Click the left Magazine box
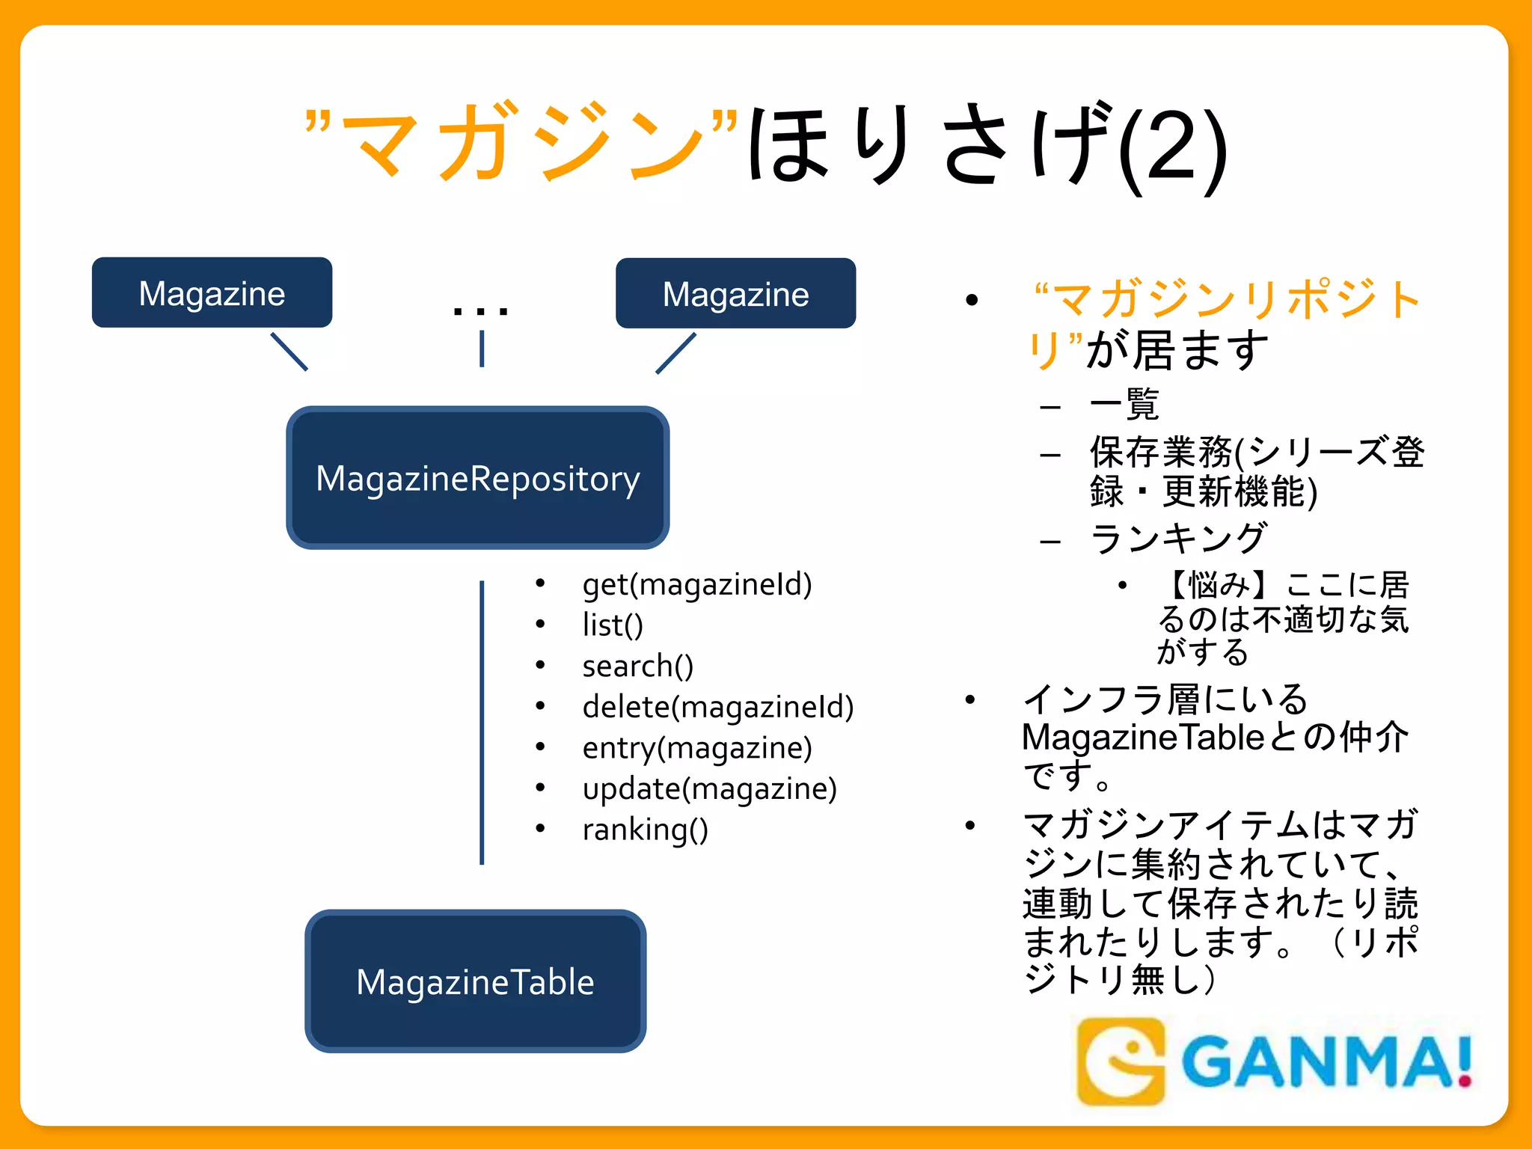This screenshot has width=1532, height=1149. click(x=212, y=292)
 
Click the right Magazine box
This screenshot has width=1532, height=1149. click(x=735, y=293)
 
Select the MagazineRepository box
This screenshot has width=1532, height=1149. click(x=477, y=478)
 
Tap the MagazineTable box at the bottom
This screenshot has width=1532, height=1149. click(x=475, y=981)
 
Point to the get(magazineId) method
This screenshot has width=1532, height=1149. click(x=696, y=584)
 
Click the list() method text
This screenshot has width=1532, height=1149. click(x=613, y=625)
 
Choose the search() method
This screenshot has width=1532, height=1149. click(x=637, y=666)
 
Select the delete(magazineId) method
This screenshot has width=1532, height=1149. click(x=717, y=707)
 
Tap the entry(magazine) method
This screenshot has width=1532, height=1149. click(x=696, y=748)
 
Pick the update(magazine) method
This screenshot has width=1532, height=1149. click(x=709, y=788)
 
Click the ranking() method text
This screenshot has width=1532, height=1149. click(x=645, y=830)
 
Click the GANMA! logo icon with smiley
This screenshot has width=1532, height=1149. click(x=1121, y=1061)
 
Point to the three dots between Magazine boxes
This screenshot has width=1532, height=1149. click(x=480, y=310)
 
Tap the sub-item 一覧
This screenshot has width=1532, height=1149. click(x=1124, y=405)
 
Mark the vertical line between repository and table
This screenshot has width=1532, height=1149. click(x=482, y=722)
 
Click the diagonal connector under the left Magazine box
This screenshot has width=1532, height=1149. click(x=289, y=352)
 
